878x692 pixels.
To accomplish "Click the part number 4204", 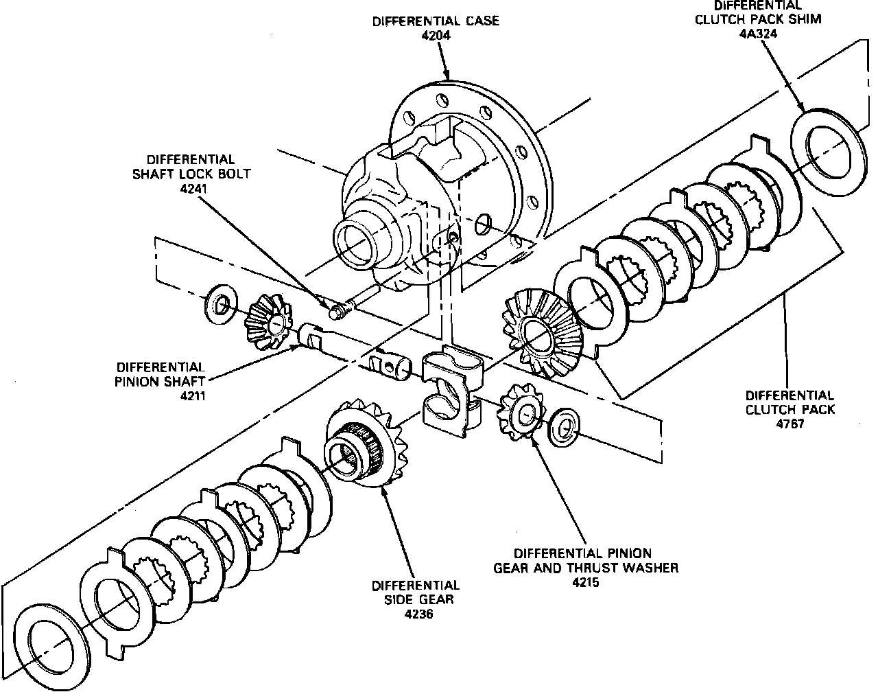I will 436,36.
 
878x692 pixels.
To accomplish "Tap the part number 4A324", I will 758,34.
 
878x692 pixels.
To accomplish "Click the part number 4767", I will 790,424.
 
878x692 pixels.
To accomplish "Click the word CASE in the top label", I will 475,21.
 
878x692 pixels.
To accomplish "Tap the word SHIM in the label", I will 806,19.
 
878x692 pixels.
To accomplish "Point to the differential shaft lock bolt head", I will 336,312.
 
